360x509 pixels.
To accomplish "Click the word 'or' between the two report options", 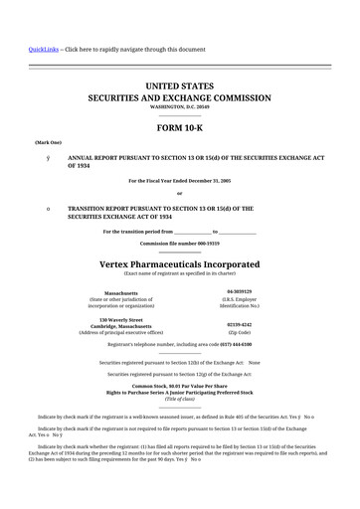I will coord(180,193).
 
